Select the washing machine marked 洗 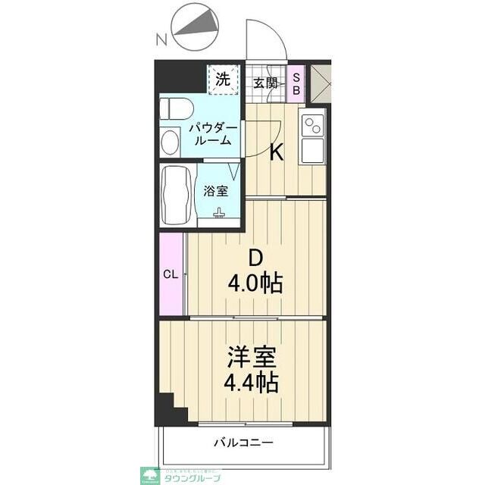(x=223, y=78)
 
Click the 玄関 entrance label (x=264, y=83)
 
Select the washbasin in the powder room (x=170, y=141)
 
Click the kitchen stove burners (x=311, y=124)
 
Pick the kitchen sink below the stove (x=311, y=149)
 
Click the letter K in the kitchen (x=277, y=153)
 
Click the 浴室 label (x=214, y=191)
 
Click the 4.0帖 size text (x=256, y=285)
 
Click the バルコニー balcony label (x=242, y=443)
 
